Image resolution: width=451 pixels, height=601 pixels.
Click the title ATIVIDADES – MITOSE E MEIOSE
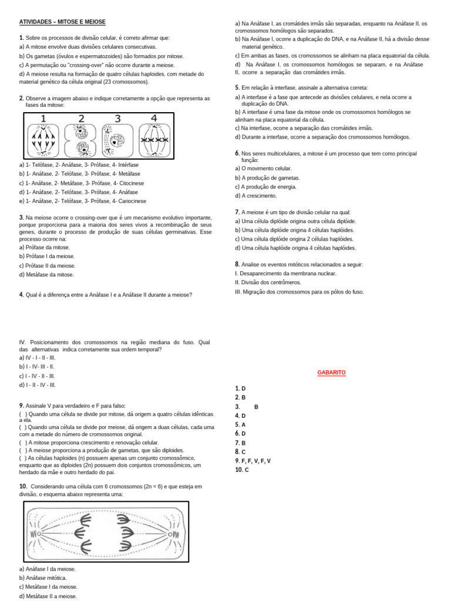tap(62, 22)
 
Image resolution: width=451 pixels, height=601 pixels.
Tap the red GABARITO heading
tap(331, 373)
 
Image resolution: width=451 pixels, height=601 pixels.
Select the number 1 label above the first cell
tap(43, 119)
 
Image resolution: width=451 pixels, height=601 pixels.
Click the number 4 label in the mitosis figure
tap(154, 119)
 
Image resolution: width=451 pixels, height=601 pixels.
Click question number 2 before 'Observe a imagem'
tap(21, 98)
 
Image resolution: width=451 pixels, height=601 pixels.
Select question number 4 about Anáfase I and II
tap(21, 295)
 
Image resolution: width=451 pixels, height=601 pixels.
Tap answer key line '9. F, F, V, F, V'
tap(253, 461)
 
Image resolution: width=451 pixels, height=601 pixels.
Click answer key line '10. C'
tap(242, 470)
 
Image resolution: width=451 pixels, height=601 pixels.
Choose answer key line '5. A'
tap(240, 424)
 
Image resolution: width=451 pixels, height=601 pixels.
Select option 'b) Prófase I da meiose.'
tap(47, 256)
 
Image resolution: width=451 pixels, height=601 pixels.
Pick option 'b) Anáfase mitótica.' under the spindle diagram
tap(43, 578)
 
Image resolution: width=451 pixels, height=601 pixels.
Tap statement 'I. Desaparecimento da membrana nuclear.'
tap(285, 273)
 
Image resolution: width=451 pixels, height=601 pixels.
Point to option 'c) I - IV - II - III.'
tap(38, 376)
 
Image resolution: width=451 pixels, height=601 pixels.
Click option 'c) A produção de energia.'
tap(265, 187)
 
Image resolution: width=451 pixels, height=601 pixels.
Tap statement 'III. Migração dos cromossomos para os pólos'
tap(299, 291)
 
